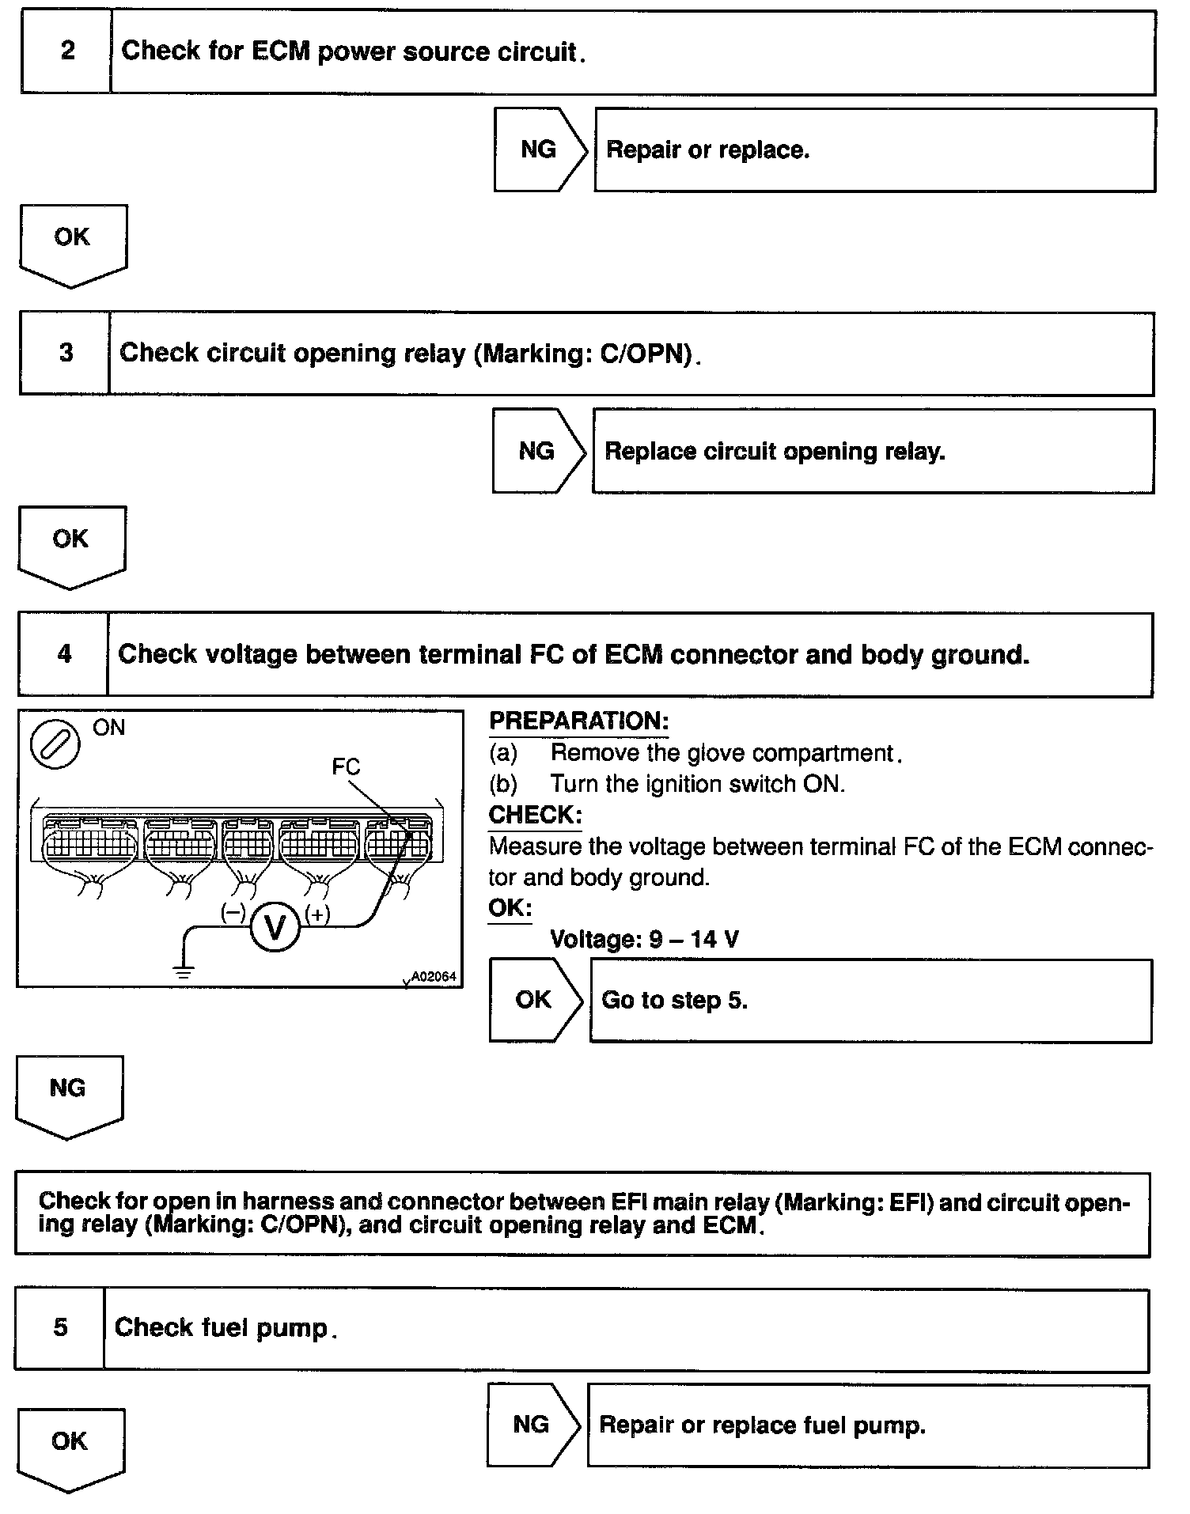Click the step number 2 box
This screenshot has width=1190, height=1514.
click(x=66, y=52)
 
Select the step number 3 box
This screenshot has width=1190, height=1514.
click(x=65, y=353)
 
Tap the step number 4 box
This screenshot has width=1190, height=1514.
click(x=63, y=654)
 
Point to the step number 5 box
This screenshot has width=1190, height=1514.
click(x=60, y=1327)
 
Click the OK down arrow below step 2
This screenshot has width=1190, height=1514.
click(x=72, y=242)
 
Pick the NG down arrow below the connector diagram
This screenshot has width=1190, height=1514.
click(x=68, y=1093)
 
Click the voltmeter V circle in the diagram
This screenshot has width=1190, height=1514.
click(x=275, y=926)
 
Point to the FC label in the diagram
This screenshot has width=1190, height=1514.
click(x=346, y=766)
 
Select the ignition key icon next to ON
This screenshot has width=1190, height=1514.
click(x=55, y=744)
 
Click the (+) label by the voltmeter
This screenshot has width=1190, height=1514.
click(x=317, y=914)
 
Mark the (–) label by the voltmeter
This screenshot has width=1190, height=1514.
click(x=233, y=913)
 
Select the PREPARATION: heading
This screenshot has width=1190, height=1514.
click(x=578, y=721)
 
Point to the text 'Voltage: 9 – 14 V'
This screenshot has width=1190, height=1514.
click(x=644, y=939)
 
